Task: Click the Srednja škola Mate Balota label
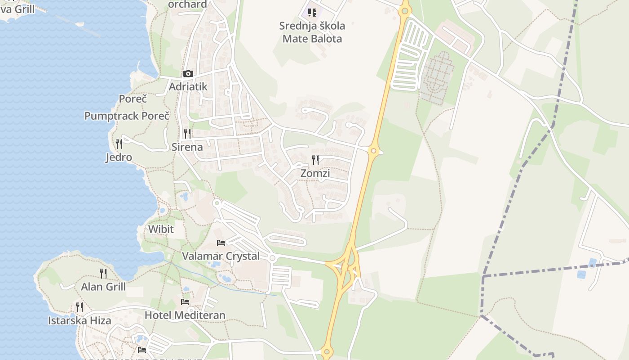point(312,32)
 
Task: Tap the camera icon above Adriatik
point(188,74)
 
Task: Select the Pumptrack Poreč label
point(127,116)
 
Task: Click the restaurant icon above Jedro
point(119,144)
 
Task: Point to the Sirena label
point(187,147)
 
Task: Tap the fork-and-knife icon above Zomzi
point(315,160)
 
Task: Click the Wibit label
point(161,229)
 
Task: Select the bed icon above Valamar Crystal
point(221,243)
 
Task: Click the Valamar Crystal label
point(221,256)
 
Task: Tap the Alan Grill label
point(103,287)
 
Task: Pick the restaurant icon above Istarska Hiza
point(80,307)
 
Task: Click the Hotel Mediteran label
point(185,315)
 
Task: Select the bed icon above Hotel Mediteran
point(185,301)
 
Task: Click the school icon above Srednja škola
point(312,13)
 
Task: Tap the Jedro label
point(119,157)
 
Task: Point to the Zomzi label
point(315,173)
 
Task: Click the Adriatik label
point(188,86)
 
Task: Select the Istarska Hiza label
point(80,320)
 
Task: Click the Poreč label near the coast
point(133,99)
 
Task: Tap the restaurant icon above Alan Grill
point(103,273)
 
